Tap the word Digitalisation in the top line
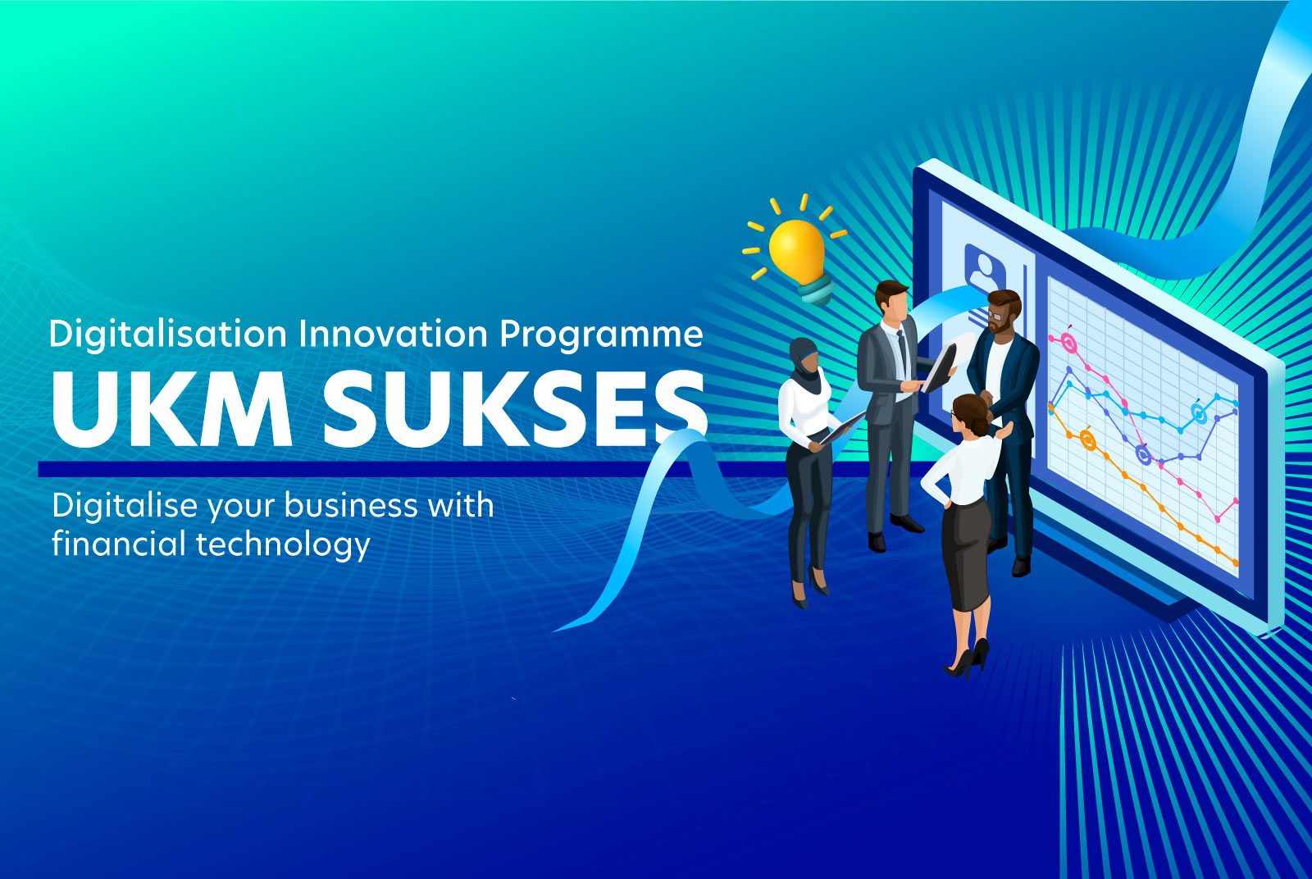pyautogui.click(x=168, y=335)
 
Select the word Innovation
pyautogui.click(x=393, y=334)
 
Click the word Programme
pyautogui.click(x=601, y=335)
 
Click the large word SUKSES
pyautogui.click(x=514, y=408)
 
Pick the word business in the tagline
pyautogui.click(x=351, y=505)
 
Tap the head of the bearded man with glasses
pyautogui.click(x=1003, y=310)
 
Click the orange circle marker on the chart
pyautogui.click(x=1087, y=441)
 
